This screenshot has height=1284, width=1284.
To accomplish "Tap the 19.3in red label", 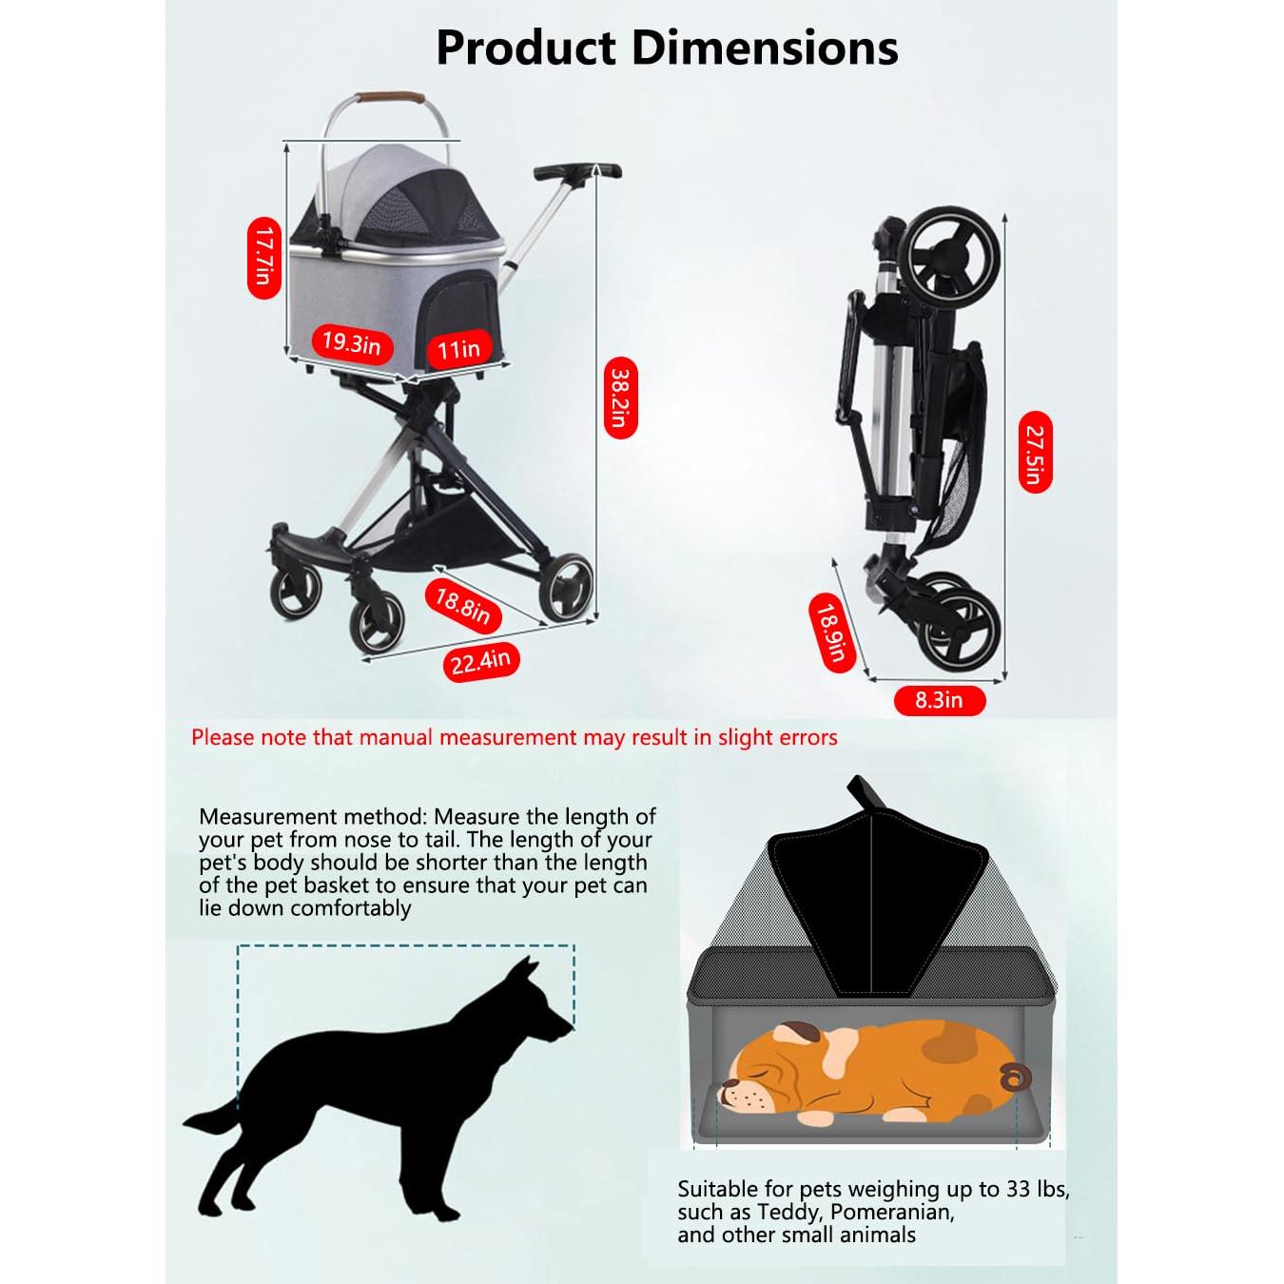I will pos(351,343).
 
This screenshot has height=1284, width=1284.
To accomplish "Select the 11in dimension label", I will pos(459,349).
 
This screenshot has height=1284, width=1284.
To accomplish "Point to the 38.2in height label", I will pos(620,399).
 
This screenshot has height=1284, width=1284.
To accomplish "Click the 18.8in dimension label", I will pos(463,605).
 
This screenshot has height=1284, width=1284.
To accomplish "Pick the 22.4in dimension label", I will pos(480,661).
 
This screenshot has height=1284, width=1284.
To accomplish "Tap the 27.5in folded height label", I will pos(1035,453).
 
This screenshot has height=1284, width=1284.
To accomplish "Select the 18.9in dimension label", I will pos(830,632).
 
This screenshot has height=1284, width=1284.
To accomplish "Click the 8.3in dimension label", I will pos(939,701).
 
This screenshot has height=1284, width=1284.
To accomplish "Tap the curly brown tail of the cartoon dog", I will pos(1014,1078).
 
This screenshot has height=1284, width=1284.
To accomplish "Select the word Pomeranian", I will pos(891,1212).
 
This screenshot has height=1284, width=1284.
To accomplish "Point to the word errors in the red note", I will pos(807,737).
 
